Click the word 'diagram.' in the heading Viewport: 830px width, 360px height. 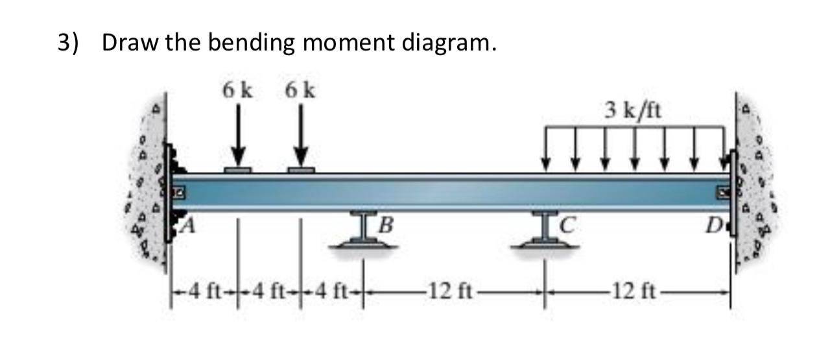[x=449, y=43]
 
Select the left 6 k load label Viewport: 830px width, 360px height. [x=238, y=91]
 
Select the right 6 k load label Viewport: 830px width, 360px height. [x=300, y=91]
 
